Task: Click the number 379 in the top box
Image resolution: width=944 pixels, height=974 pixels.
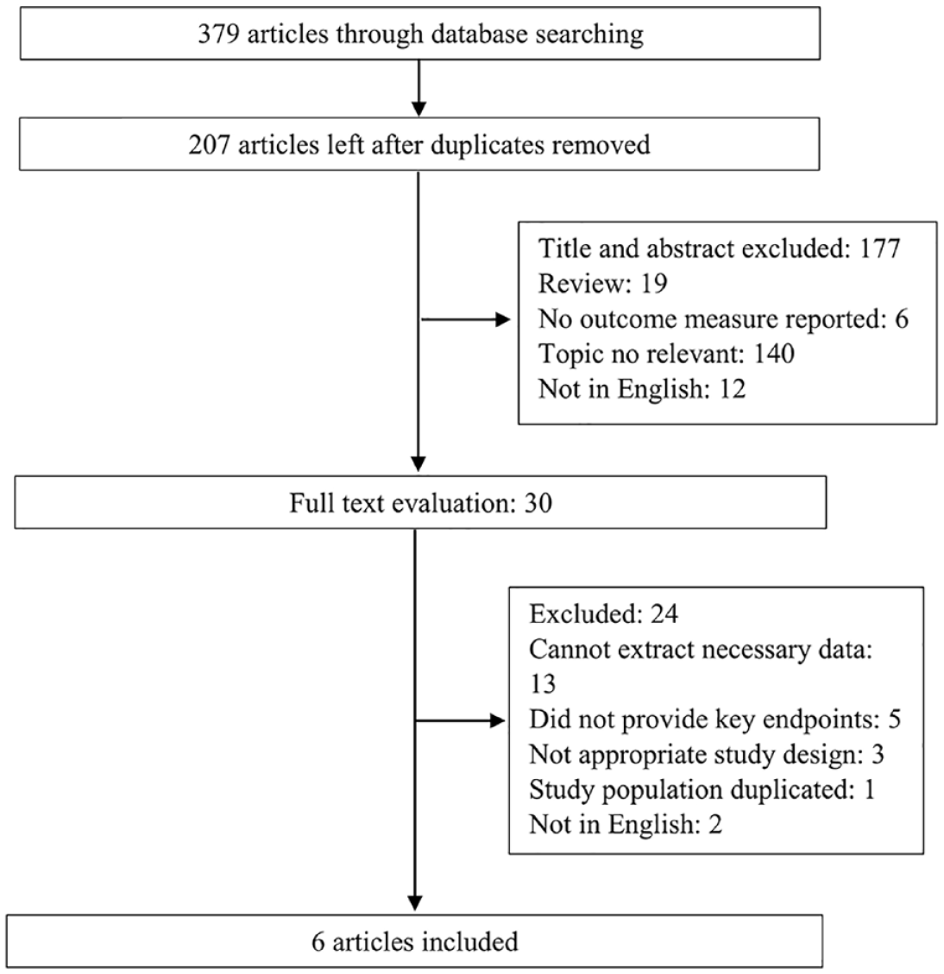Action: point(219,34)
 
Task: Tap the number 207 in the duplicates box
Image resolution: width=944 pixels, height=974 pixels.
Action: point(210,145)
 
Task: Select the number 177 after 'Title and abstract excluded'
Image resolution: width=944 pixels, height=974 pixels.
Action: point(880,248)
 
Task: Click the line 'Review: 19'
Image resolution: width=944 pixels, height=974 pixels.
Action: point(603,284)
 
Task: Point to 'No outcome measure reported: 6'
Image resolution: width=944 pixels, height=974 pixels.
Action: point(723,318)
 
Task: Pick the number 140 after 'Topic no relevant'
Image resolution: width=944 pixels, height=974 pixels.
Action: point(774,354)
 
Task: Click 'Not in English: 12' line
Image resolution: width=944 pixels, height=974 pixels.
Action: point(642,389)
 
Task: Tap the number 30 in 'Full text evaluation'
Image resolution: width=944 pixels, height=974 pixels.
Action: point(538,503)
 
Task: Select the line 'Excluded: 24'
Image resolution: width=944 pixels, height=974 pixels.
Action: point(603,614)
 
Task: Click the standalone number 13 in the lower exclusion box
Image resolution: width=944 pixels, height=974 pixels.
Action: point(543,684)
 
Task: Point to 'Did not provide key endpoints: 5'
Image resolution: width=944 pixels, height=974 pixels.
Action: point(714,720)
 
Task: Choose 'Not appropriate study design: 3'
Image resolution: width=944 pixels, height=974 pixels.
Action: point(707,755)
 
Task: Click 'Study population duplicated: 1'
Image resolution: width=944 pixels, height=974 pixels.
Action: point(702,789)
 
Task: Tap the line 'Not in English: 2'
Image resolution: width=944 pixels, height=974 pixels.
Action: point(626,825)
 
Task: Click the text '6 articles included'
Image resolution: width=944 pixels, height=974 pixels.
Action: point(414,942)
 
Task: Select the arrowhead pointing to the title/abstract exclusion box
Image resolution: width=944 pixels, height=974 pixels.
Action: point(503,320)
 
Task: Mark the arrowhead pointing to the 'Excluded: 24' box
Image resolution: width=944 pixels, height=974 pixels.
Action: point(498,720)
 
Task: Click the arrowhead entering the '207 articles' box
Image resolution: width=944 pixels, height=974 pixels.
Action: point(419,109)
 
